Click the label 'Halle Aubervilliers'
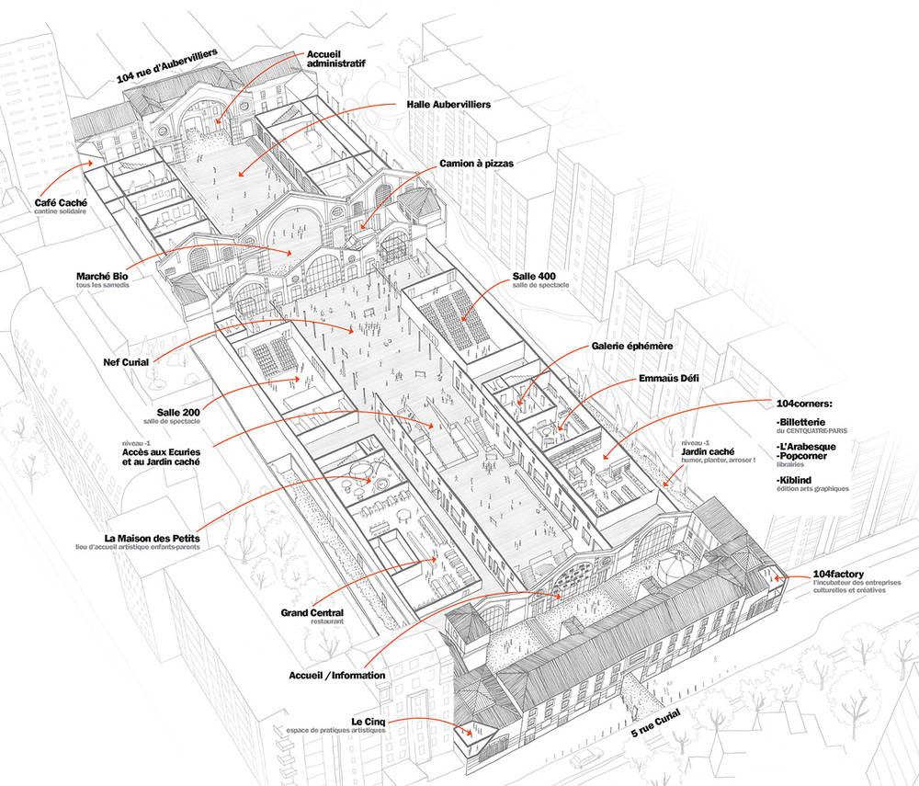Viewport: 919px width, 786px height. [448, 105]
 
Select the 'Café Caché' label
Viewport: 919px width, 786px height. [62, 203]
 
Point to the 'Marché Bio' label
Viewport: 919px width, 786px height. [102, 275]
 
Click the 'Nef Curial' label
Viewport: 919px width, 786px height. [126, 362]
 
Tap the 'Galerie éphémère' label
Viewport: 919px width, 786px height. [632, 346]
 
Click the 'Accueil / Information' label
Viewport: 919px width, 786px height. [336, 675]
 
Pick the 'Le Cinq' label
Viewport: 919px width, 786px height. [369, 722]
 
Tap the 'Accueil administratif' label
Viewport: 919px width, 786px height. [336, 57]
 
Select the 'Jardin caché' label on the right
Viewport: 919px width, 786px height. [709, 451]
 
